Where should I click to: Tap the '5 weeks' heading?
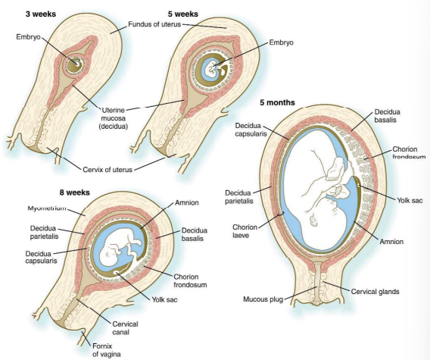pyautogui.click(x=183, y=13)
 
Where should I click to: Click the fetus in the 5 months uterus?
pyautogui.click(x=318, y=197)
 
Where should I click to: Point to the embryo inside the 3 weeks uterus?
pyautogui.click(x=75, y=64)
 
